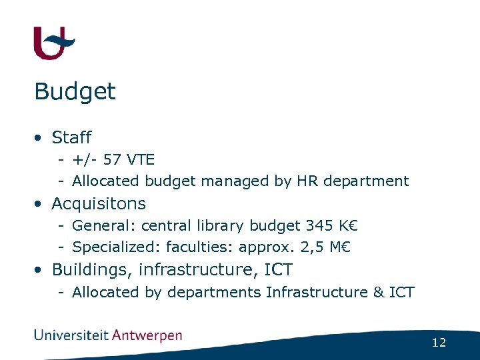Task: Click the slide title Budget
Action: pos(75,92)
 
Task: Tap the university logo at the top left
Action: pos(53,43)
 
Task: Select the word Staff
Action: pos(71,138)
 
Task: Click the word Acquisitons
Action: pos(99,203)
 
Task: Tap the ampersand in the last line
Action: pos(379,292)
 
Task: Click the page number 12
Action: pos(439,343)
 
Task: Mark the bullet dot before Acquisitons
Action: pos(41,204)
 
